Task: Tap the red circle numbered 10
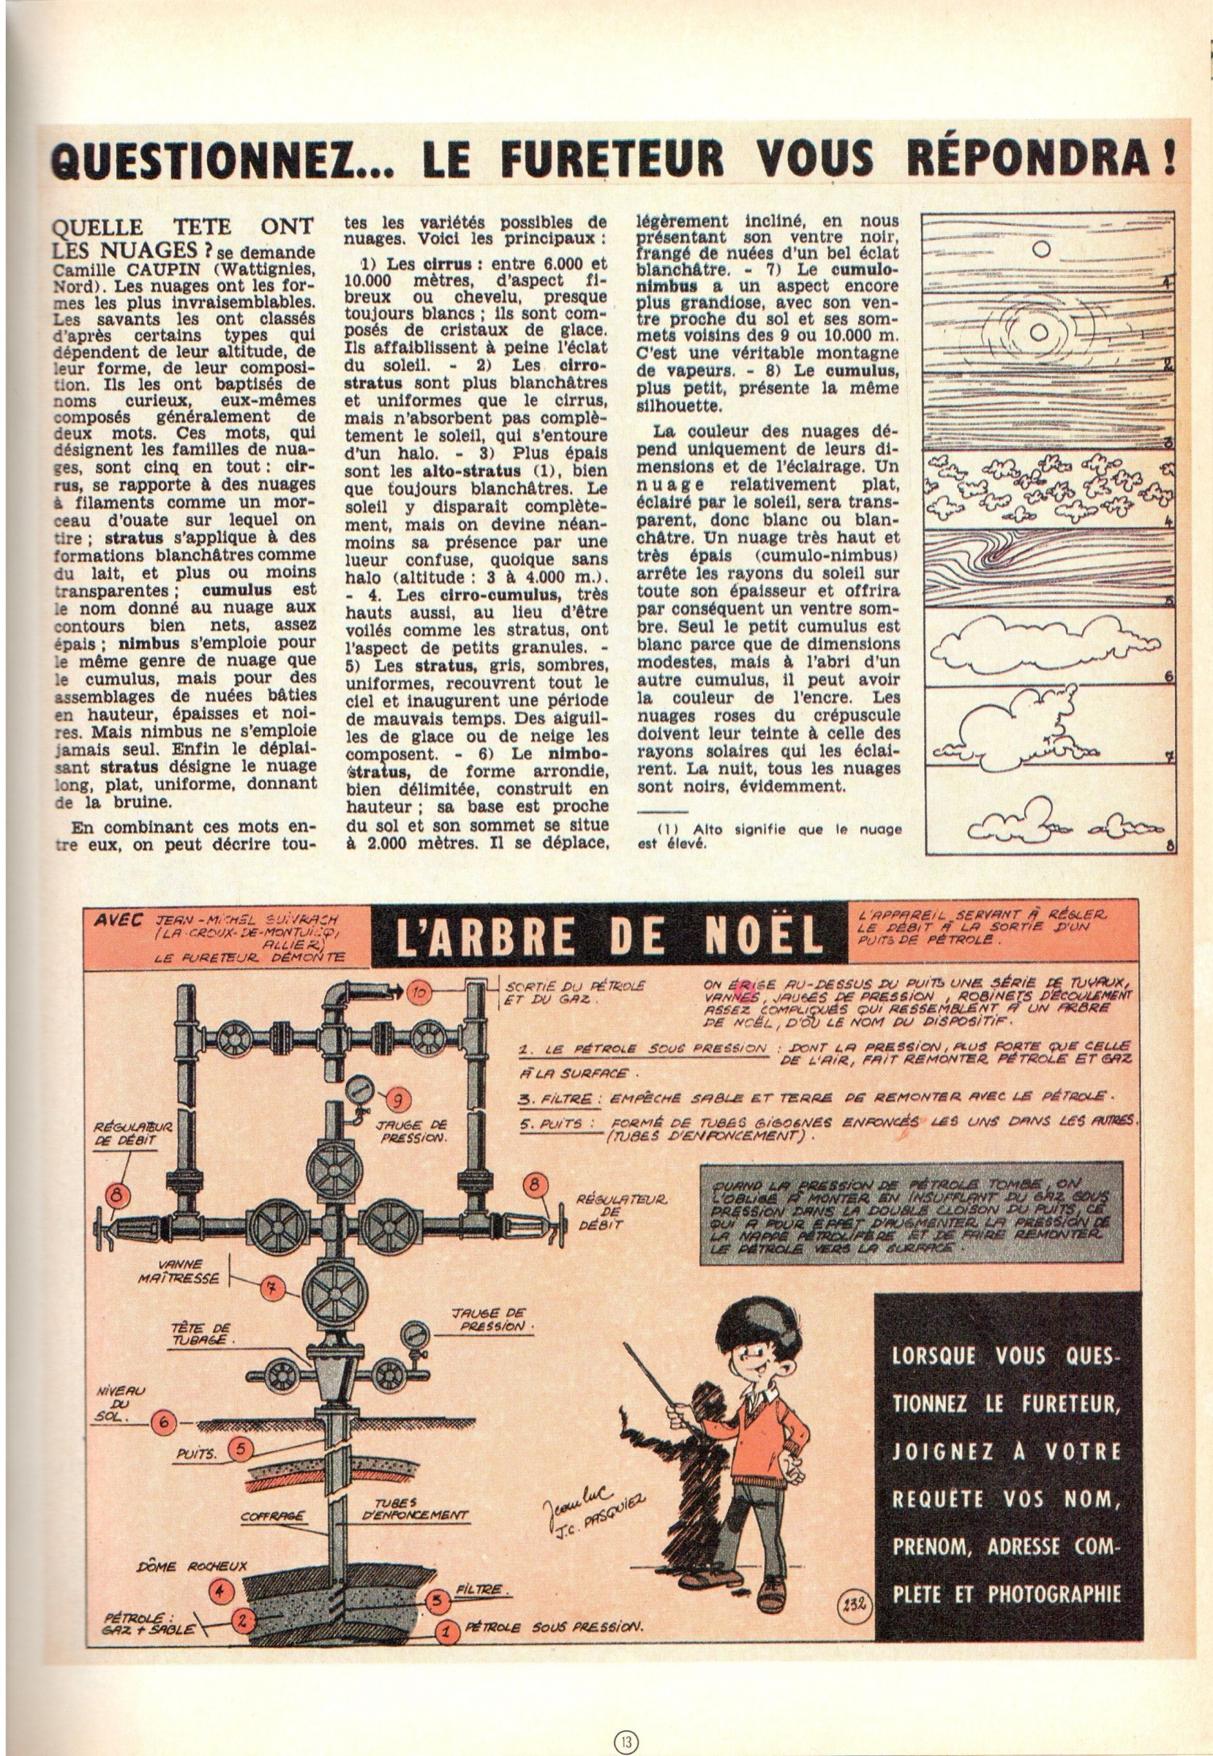(x=419, y=992)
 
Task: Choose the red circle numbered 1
(x=447, y=1624)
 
